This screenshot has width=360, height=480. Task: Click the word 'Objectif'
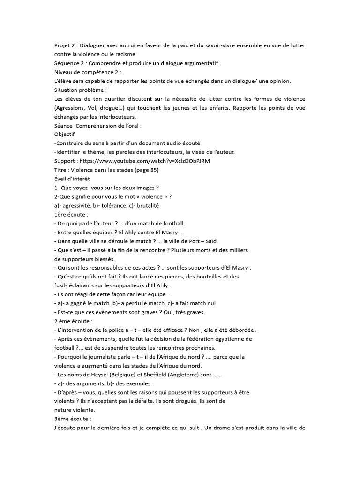point(65,135)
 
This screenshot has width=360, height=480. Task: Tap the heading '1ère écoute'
point(71,214)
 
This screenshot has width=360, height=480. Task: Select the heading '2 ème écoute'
point(73,321)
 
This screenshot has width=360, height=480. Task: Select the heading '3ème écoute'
point(72,419)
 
